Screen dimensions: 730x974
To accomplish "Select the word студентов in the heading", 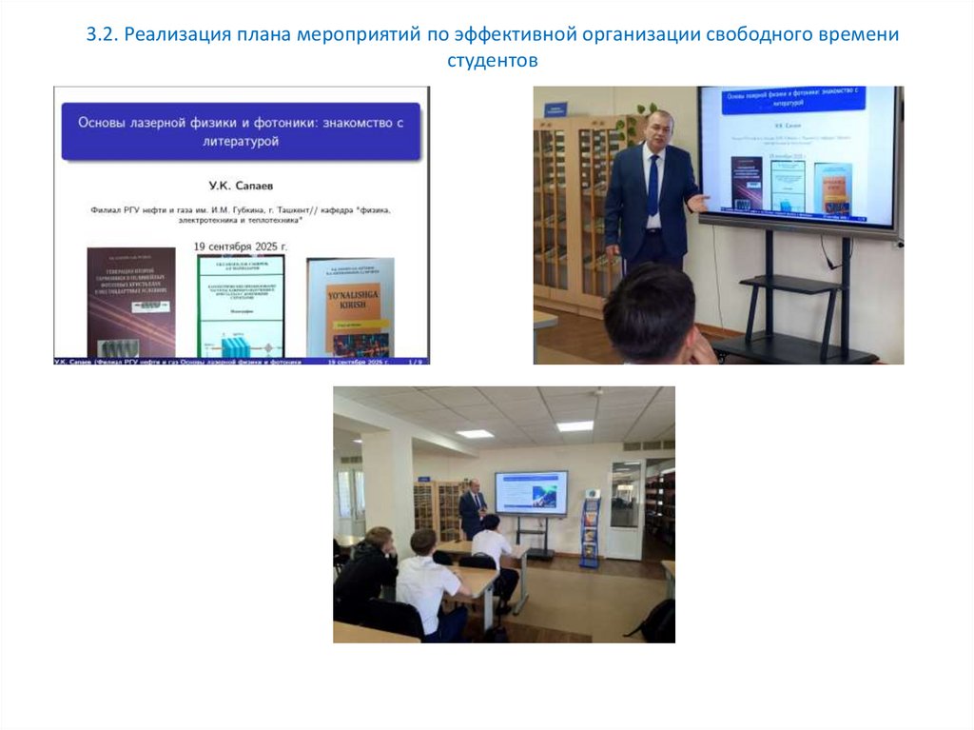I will (x=493, y=62).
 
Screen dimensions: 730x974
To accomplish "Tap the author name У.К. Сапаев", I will (x=242, y=185).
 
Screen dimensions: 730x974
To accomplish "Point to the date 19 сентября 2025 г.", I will (x=241, y=246).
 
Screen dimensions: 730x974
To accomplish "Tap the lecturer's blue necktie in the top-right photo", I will (x=653, y=185).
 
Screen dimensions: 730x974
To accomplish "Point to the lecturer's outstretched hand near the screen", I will (x=702, y=202).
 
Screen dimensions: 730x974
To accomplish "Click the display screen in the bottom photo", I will (x=530, y=492).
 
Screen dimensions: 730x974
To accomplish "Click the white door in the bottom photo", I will (x=625, y=509).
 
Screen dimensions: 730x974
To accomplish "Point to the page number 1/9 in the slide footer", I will (x=414, y=363).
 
